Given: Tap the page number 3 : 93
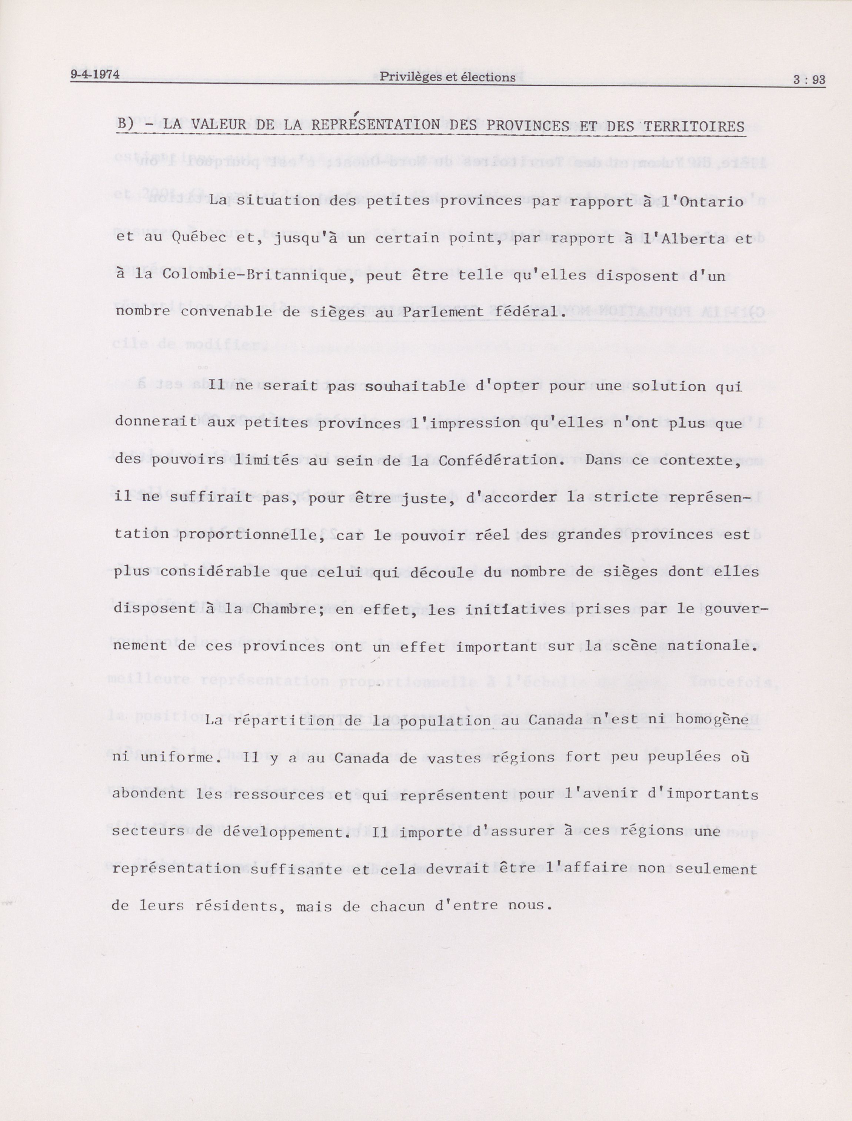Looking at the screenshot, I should [x=809, y=80].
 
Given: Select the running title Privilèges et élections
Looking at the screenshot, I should [x=447, y=77].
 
